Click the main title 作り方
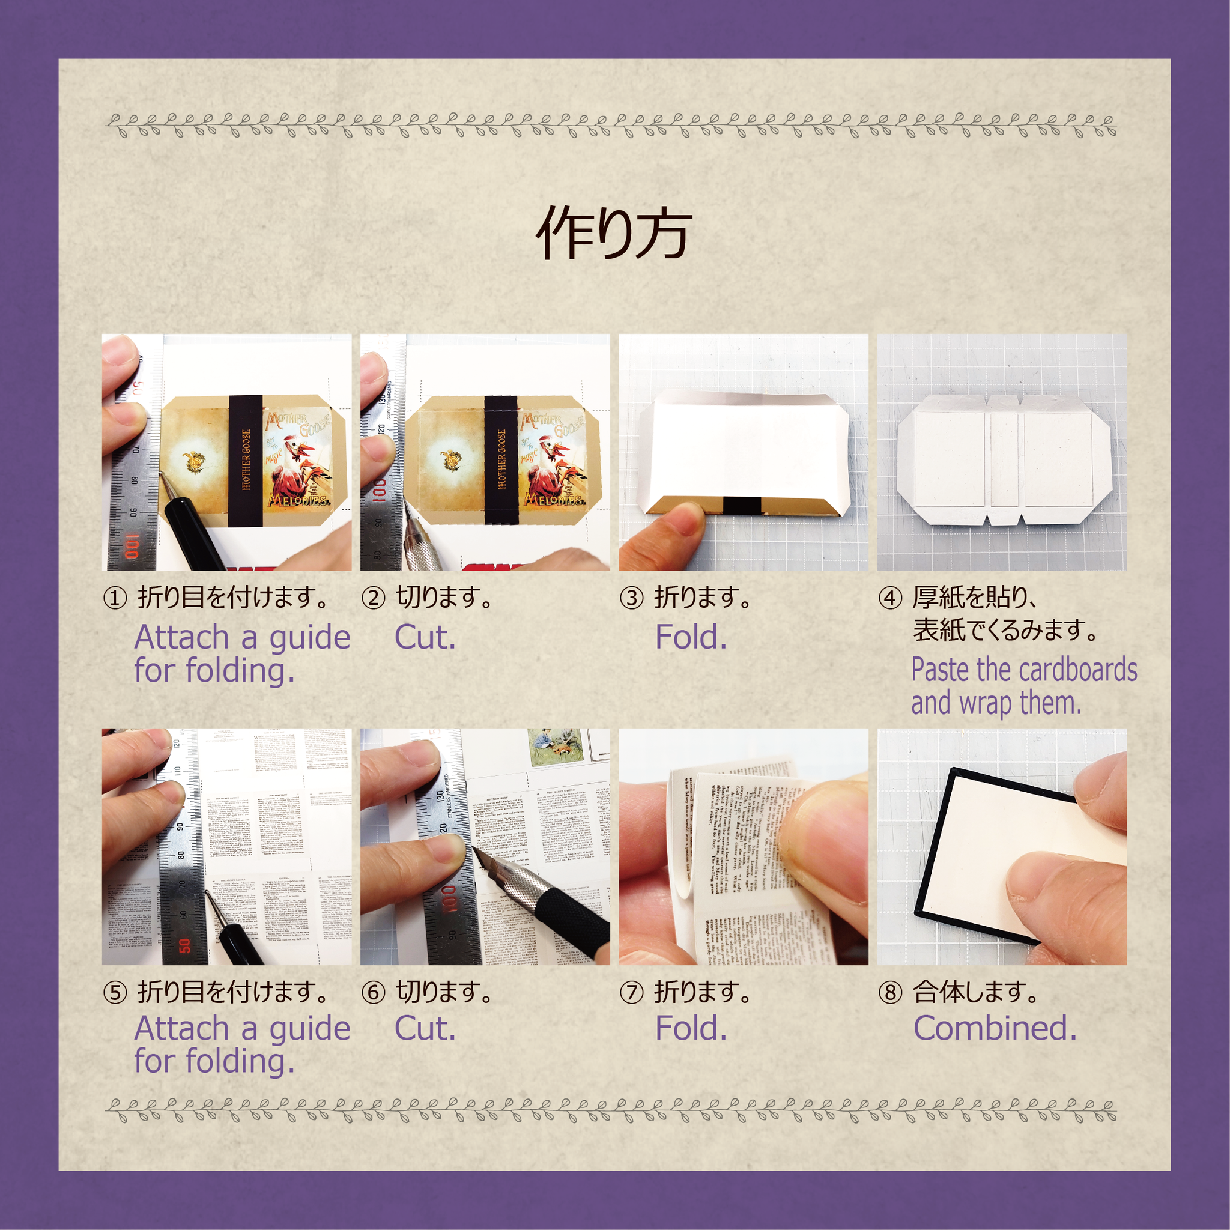(x=614, y=234)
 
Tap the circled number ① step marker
(x=115, y=598)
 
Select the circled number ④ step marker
(x=890, y=598)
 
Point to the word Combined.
(x=995, y=1028)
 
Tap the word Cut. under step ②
(x=425, y=637)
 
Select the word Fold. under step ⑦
(x=691, y=1028)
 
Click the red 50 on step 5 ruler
(x=184, y=946)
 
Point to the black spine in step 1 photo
(x=245, y=462)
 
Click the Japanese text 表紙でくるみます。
(x=1006, y=630)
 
